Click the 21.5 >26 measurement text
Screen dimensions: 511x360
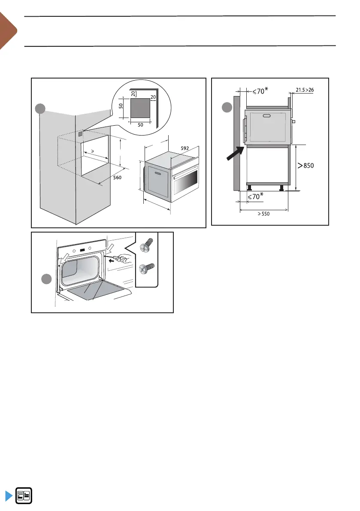[305, 90]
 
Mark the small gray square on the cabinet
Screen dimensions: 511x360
[81, 133]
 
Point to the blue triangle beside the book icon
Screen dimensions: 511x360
[9, 496]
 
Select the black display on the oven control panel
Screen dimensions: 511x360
[82, 249]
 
